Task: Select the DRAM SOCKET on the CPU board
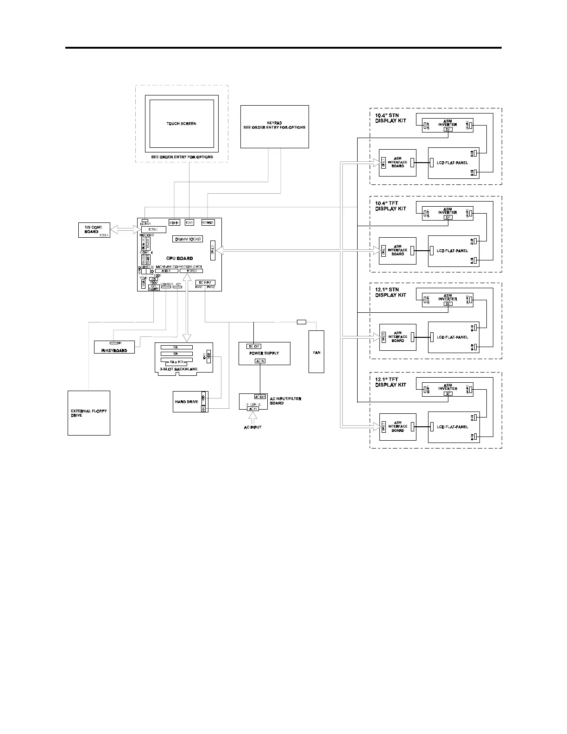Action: (x=187, y=239)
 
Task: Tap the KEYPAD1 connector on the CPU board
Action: (x=208, y=222)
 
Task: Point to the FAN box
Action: (x=316, y=352)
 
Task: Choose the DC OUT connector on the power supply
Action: (x=254, y=346)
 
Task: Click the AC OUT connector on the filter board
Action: (x=260, y=397)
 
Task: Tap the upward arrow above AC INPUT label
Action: (x=252, y=417)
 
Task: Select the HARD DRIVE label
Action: (x=186, y=402)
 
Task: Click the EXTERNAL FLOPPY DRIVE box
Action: (x=89, y=413)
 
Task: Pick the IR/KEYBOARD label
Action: (x=114, y=350)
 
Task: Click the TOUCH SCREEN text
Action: (x=181, y=124)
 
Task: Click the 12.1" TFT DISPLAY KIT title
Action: (x=391, y=382)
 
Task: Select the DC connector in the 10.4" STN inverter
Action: (x=448, y=129)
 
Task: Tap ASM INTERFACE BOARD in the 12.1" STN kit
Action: (x=397, y=337)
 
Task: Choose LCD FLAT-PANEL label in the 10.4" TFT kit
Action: (x=452, y=251)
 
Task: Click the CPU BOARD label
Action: (x=179, y=258)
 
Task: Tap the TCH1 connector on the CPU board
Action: (x=189, y=222)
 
